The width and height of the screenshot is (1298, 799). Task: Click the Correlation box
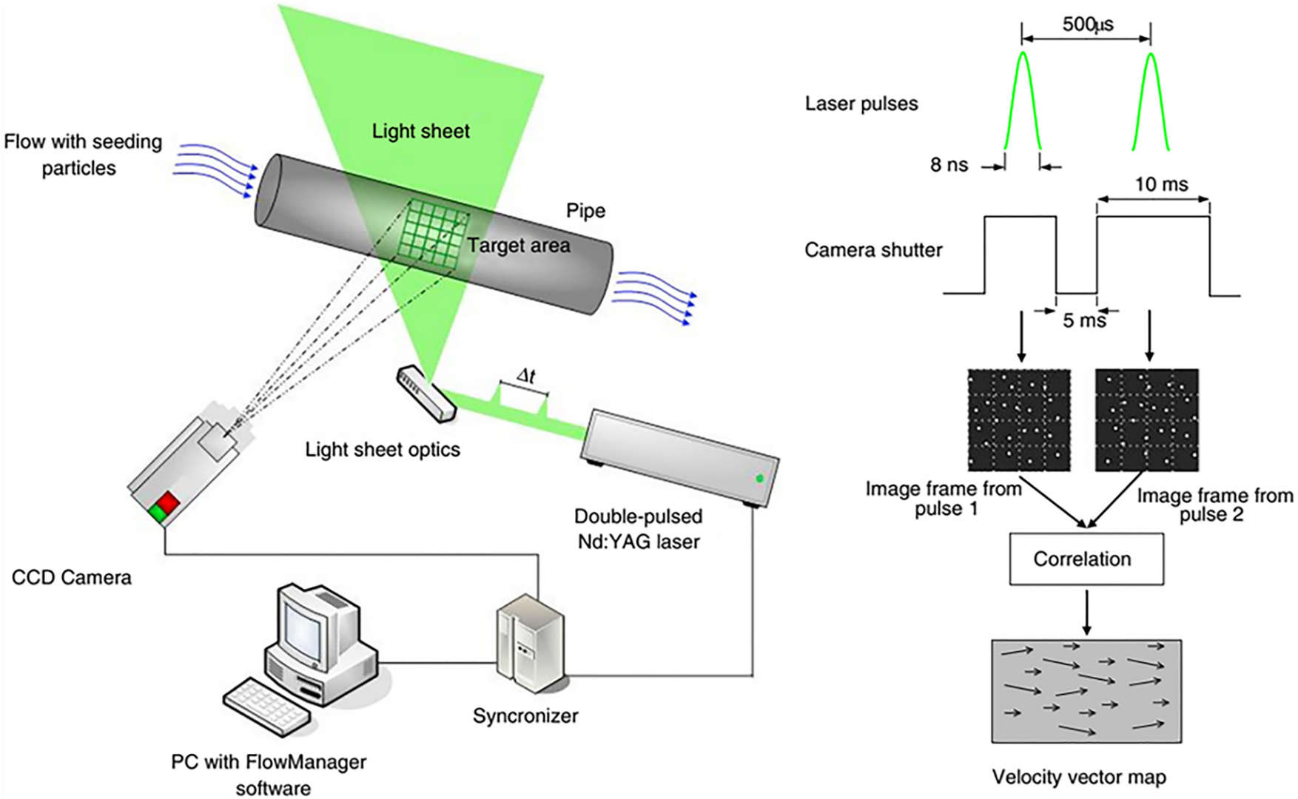point(1086,559)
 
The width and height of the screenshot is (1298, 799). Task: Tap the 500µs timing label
point(1087,24)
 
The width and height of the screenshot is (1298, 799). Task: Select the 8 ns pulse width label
point(949,165)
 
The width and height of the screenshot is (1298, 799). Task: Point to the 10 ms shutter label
point(1161,184)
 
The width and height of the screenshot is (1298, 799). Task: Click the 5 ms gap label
point(1084,320)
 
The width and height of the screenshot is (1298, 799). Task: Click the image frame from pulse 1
point(1019,420)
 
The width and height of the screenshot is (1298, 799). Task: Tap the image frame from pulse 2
point(1146,420)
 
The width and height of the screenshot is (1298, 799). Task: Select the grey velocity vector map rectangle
point(1086,691)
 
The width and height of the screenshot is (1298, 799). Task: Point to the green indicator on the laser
point(759,479)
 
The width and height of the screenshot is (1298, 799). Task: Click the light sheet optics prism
point(426,394)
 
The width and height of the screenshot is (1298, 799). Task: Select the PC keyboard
point(267,706)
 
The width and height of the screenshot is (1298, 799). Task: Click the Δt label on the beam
point(525,376)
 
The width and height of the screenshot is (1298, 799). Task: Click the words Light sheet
point(420,132)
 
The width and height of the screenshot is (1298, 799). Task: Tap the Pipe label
point(585,211)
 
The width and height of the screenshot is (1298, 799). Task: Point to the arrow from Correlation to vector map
point(1086,612)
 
